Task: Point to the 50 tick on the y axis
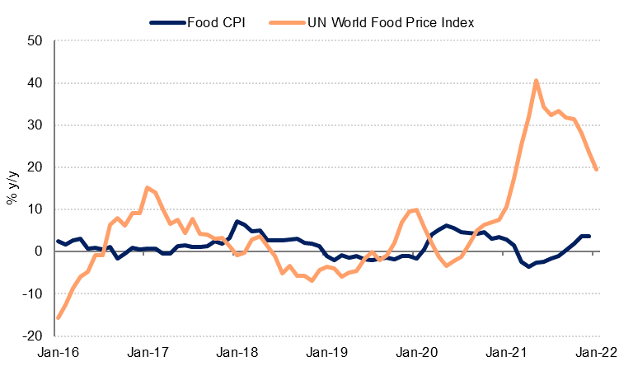pyautogui.click(x=35, y=41)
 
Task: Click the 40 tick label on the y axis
pyautogui.click(x=35, y=83)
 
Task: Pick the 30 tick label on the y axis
pyautogui.click(x=35, y=125)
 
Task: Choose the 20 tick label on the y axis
pyautogui.click(x=35, y=167)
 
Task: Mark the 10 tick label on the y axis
pyautogui.click(x=35, y=209)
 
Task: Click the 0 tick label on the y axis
pyautogui.click(x=39, y=251)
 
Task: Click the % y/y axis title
pyautogui.click(x=12, y=189)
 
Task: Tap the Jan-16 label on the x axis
pyautogui.click(x=57, y=352)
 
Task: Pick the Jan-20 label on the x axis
pyautogui.click(x=417, y=352)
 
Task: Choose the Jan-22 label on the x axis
pyautogui.click(x=597, y=352)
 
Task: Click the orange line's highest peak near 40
pyautogui.click(x=537, y=81)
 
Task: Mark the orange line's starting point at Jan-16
pyautogui.click(x=58, y=317)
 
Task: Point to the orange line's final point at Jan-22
pyautogui.click(x=596, y=169)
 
